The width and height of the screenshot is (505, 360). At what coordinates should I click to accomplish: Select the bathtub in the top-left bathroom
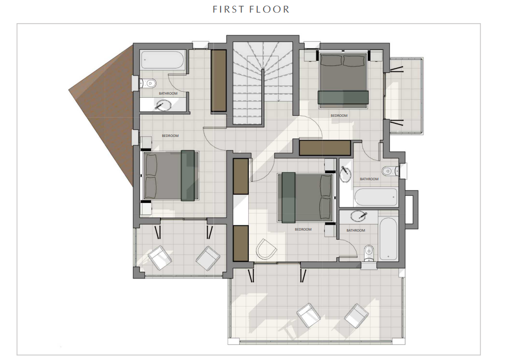pos(162,60)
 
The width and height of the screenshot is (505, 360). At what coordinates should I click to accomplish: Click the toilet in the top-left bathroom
pos(150,83)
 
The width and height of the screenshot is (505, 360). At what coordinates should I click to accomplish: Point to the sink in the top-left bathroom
pos(164,105)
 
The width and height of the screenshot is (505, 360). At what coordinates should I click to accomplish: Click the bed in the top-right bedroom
pos(342,80)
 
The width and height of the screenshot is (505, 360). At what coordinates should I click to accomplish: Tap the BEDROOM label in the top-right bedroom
pos(339,116)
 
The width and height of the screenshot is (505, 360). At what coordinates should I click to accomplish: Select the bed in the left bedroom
pos(169,175)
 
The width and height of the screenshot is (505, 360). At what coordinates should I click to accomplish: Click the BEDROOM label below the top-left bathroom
pos(170,136)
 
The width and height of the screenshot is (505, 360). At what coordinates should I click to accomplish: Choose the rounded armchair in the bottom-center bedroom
pos(266,249)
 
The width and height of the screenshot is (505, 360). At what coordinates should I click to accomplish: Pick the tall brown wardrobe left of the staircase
pos(218,80)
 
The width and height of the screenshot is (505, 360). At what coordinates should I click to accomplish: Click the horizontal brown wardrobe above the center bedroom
pos(325,148)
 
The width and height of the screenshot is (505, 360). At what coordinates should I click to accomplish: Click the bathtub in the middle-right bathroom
pos(376,197)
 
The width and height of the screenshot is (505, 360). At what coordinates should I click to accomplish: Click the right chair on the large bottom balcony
pos(356,314)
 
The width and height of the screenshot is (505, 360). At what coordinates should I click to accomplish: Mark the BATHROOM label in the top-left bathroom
pos(168,94)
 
